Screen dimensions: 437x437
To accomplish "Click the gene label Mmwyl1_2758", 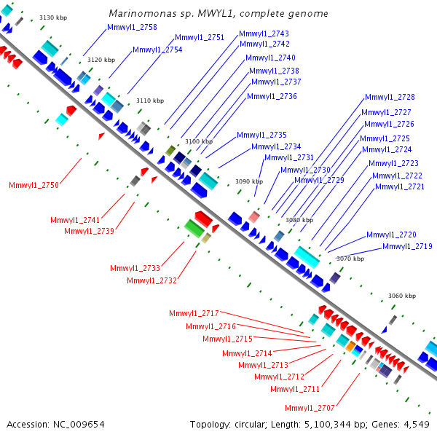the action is (x=132, y=28).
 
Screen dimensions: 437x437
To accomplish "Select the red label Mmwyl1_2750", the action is (x=34, y=185).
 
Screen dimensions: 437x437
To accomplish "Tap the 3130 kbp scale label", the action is (x=53, y=17).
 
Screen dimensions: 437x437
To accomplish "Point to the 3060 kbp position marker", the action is (x=402, y=296).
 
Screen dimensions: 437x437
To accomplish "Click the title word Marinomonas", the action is (x=143, y=13).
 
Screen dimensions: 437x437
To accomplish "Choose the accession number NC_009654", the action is (x=79, y=425).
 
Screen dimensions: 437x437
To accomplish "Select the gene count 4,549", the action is (x=417, y=425).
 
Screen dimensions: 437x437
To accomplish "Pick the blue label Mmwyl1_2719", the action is (x=407, y=246).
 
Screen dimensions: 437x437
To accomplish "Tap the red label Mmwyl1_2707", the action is (x=310, y=409).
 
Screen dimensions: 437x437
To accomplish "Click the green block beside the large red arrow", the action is (x=194, y=229).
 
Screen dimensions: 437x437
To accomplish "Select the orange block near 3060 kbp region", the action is (x=350, y=346).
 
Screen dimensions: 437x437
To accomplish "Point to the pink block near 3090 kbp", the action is (x=254, y=217).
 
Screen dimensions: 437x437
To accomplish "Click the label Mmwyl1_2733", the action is (x=135, y=268).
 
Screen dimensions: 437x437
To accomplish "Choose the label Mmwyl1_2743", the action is (x=264, y=34).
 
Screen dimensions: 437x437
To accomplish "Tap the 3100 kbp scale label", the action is (x=199, y=141).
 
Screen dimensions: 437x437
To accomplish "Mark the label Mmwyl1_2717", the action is (x=194, y=313).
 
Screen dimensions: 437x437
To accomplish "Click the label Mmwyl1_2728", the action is (x=390, y=98).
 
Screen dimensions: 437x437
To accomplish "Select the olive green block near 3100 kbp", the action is (x=170, y=151).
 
